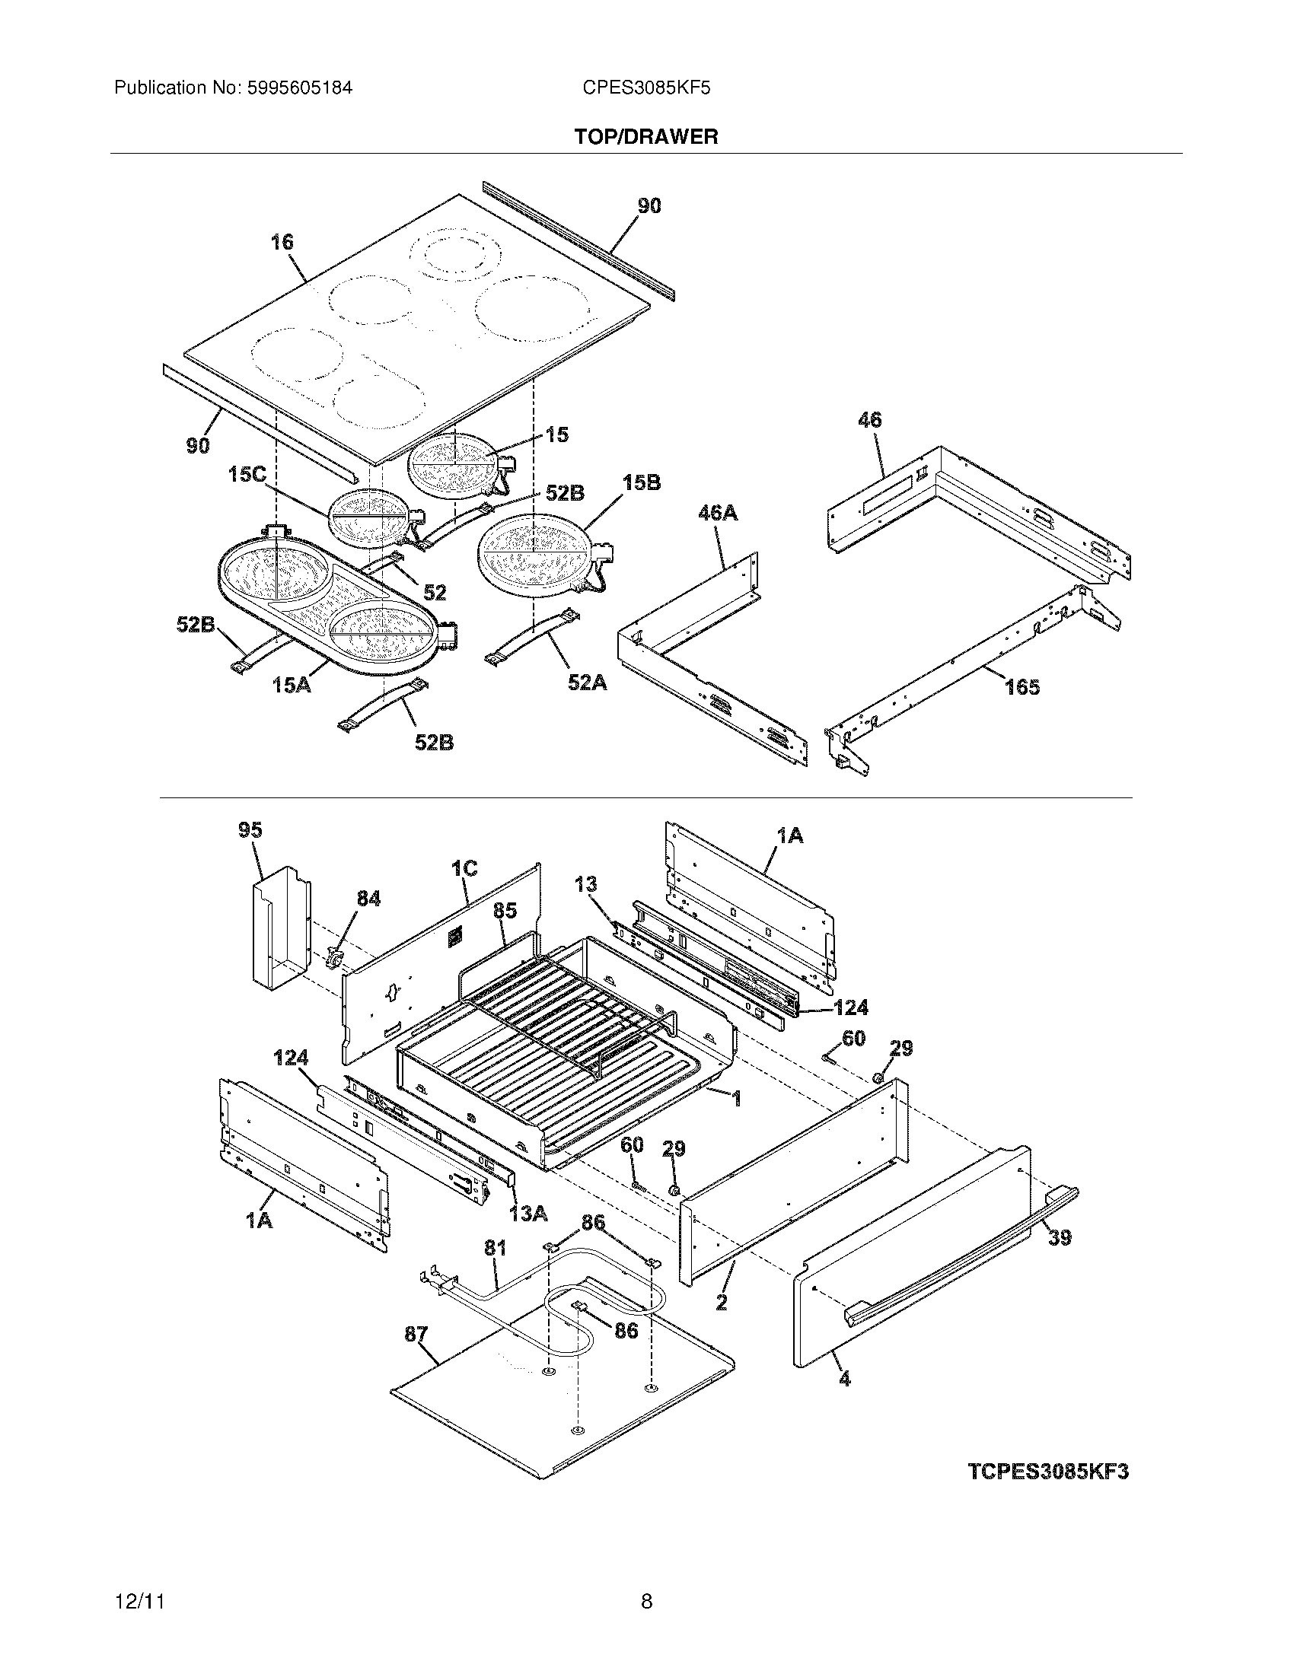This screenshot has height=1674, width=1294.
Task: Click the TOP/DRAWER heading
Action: point(646,137)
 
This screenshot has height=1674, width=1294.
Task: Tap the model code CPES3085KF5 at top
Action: point(646,88)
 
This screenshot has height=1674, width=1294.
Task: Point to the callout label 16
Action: point(282,242)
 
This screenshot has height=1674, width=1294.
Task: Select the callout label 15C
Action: point(246,475)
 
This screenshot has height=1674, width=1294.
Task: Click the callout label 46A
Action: point(718,512)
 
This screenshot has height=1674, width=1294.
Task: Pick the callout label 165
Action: point(1022,687)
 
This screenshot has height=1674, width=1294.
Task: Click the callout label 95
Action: point(250,830)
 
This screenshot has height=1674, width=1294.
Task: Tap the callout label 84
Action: point(368,899)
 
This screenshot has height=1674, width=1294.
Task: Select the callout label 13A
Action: point(529,1214)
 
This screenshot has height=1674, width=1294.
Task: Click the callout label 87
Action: point(416,1335)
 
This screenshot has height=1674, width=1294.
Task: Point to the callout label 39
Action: point(1060,1237)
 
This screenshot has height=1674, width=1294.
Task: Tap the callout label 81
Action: point(496,1249)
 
